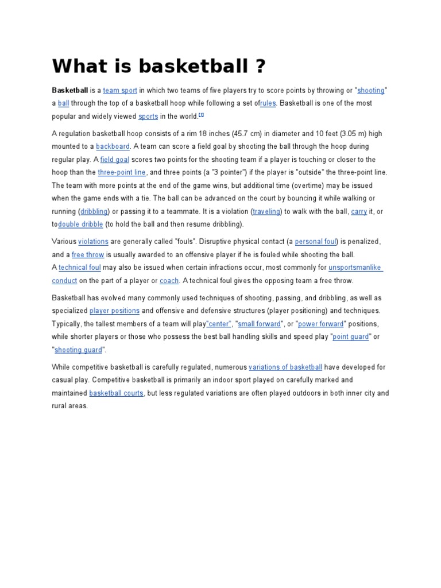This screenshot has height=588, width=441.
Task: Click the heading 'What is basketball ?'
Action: point(160,67)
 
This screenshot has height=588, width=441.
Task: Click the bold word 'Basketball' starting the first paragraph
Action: point(70,91)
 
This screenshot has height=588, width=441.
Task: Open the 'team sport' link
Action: point(119,91)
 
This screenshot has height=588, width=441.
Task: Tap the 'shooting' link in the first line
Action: point(370,91)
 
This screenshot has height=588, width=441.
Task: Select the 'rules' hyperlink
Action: point(268,103)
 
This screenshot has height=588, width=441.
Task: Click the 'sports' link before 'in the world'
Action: point(148,116)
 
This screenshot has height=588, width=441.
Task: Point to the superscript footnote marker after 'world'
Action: point(202,115)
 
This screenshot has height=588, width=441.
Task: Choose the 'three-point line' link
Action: point(122,172)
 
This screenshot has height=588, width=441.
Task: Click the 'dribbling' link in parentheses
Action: point(94,212)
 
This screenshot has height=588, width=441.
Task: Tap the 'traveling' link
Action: point(267,212)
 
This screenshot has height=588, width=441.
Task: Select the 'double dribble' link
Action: point(80,225)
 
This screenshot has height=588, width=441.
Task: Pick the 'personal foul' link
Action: point(316,242)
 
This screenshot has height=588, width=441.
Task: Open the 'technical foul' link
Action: point(80,268)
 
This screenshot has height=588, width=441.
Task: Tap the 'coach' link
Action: point(169,281)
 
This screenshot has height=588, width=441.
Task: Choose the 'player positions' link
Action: point(114,311)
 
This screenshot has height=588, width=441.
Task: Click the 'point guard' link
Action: point(350,337)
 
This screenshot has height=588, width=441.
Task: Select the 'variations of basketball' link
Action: point(285,367)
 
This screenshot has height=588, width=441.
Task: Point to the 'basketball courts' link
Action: point(116,393)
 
